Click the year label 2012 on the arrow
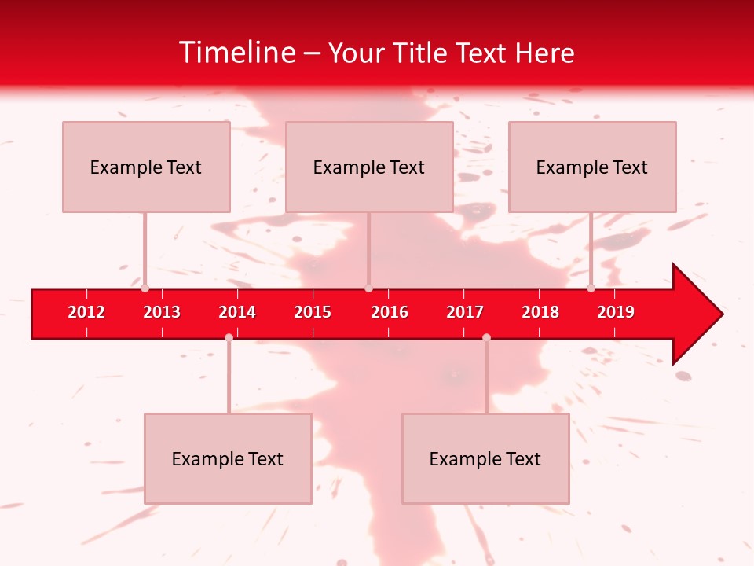86,312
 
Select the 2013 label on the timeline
162,312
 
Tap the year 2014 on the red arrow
237,312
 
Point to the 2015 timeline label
313,312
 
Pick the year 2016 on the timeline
390,312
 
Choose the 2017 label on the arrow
465,312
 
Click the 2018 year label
540,312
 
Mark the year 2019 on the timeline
616,312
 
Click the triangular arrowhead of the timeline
696,314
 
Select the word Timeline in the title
236,53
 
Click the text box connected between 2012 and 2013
146,167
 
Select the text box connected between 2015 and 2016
369,167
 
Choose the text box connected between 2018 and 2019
592,167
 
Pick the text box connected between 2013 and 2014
228,458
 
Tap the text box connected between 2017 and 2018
485,458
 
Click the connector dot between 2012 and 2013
145,288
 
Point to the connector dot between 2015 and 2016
368,288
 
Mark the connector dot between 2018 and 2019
591,288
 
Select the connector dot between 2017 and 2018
486,337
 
